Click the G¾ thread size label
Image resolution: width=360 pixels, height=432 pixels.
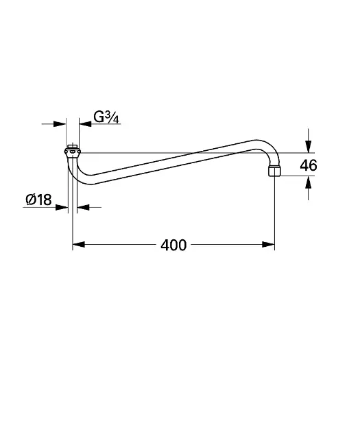107,117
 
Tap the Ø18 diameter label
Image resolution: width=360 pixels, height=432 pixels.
38,200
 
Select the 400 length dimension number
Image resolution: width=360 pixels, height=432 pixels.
173,245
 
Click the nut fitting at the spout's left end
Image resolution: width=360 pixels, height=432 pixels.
72,152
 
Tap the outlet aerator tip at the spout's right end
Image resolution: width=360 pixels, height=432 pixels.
275,169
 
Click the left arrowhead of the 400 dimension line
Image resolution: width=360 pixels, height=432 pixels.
77,244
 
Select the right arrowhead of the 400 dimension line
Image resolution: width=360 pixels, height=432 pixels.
270,244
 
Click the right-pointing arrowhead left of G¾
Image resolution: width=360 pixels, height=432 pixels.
62,123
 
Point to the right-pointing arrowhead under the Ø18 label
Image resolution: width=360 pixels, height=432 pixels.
64,206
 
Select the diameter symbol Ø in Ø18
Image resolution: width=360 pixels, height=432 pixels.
31,200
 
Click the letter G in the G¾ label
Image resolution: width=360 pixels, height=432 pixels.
99,117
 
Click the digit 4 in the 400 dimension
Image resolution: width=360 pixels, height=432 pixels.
165,245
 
